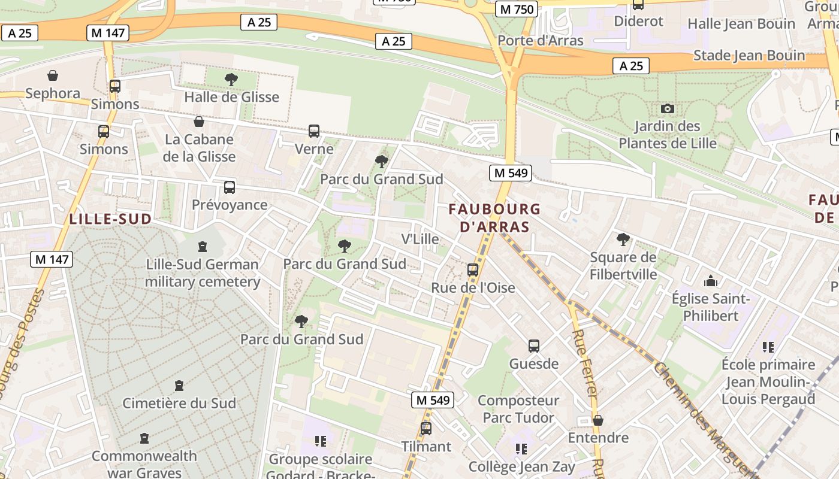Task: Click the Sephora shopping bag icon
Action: (x=53, y=75)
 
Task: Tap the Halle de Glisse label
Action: (x=231, y=97)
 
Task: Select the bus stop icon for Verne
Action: (x=313, y=131)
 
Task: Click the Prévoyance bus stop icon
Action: (x=230, y=187)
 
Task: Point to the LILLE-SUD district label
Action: (x=110, y=219)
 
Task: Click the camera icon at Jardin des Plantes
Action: (x=667, y=109)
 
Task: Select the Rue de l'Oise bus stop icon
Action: (x=473, y=270)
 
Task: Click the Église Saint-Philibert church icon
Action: (x=711, y=281)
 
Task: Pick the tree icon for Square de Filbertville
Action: (x=623, y=239)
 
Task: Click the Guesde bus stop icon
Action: (x=534, y=346)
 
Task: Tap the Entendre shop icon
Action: (x=597, y=420)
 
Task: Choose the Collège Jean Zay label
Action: (x=521, y=466)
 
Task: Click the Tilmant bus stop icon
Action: (x=426, y=429)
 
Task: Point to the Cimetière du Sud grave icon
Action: (x=179, y=386)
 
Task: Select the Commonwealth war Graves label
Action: (x=144, y=464)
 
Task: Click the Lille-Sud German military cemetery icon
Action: (x=203, y=247)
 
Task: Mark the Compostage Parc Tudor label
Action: (x=518, y=409)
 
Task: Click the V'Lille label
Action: (x=419, y=239)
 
